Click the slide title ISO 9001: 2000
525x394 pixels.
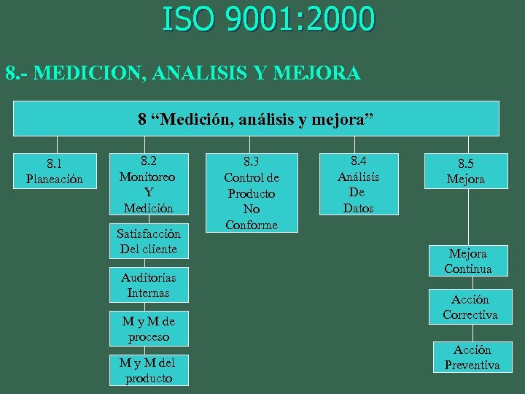268,19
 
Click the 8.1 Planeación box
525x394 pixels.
55,171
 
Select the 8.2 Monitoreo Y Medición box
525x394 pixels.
149,185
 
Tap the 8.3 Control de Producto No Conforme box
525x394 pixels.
252,193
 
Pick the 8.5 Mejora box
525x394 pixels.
466,171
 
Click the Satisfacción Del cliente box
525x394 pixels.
149,241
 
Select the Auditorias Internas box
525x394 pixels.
149,285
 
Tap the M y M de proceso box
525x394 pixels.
149,329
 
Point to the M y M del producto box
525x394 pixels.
149,370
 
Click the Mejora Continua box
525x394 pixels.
468,261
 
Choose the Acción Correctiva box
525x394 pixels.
470,307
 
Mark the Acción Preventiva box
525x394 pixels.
472,358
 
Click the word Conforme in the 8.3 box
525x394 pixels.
252,225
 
